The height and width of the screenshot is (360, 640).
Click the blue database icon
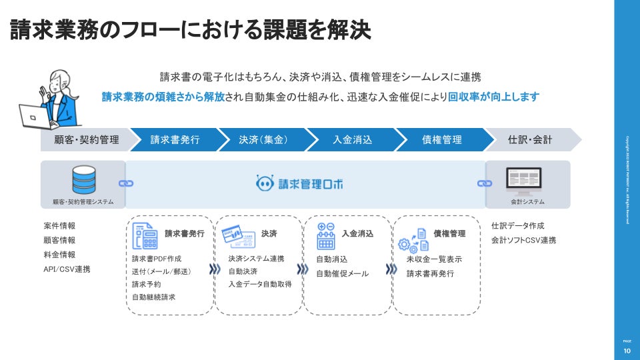[83, 179]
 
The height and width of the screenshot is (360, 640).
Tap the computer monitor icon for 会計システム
[523, 178]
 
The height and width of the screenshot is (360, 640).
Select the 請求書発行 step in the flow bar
[175, 139]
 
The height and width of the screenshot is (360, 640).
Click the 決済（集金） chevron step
[263, 139]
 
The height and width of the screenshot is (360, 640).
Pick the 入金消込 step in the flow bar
[352, 139]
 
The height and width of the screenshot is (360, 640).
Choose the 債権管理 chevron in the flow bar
[441, 139]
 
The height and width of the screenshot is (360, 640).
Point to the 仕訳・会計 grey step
[530, 139]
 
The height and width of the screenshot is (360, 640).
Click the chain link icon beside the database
[125, 183]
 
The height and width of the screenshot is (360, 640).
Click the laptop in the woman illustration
[33, 116]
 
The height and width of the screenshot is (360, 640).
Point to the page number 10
[627, 351]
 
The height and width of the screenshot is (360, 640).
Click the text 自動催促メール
[342, 273]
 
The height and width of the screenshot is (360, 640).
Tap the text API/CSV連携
[67, 269]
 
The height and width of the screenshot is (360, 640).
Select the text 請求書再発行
[430, 273]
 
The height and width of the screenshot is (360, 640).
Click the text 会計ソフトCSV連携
[523, 240]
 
